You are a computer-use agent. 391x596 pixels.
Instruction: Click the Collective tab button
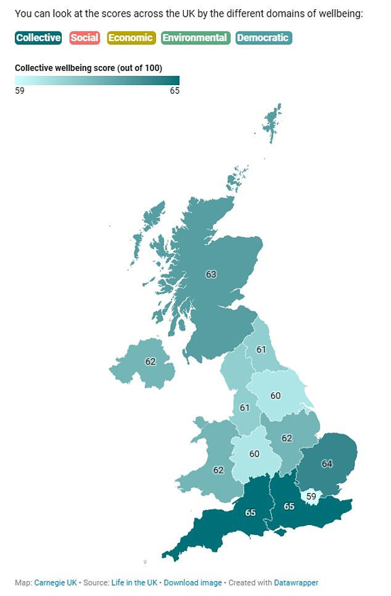click(38, 38)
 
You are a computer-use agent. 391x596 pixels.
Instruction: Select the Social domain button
click(84, 38)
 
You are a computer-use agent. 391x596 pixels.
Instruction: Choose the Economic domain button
click(131, 38)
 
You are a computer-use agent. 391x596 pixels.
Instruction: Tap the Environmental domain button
click(195, 38)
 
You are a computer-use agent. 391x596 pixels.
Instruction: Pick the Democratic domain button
click(263, 38)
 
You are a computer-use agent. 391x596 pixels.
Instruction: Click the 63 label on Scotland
click(211, 274)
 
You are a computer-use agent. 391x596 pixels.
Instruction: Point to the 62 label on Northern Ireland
click(150, 362)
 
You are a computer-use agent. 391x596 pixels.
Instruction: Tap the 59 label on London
click(311, 495)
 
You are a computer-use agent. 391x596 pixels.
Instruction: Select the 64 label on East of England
click(327, 463)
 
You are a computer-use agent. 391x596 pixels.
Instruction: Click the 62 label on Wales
click(218, 470)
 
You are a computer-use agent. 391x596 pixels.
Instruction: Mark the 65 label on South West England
click(250, 513)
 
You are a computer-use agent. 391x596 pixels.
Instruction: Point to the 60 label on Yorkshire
click(275, 395)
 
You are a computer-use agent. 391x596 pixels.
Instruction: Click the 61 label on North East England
click(261, 350)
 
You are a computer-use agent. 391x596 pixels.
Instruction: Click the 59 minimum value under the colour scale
click(20, 91)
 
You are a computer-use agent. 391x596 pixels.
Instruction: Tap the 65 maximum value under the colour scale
click(175, 91)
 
